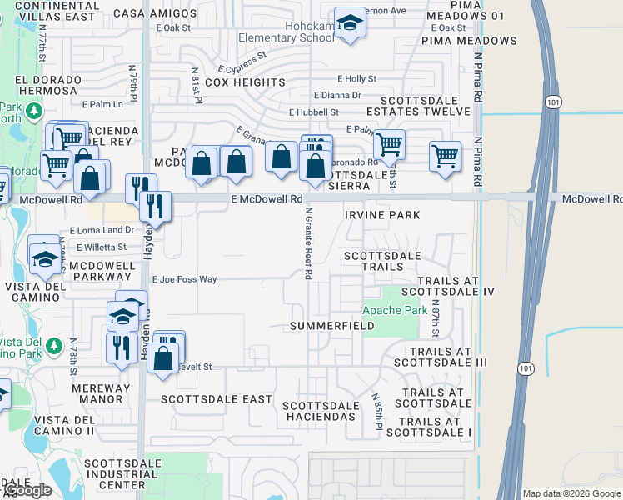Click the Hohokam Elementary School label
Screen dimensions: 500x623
click(286, 38)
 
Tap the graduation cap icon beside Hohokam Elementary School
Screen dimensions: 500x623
click(350, 24)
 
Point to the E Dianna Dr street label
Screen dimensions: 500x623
click(337, 96)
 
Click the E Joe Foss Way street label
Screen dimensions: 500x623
click(183, 279)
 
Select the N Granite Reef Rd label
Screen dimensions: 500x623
click(308, 242)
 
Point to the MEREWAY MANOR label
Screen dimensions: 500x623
click(102, 388)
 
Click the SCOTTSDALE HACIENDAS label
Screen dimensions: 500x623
click(321, 411)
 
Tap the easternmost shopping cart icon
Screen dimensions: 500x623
click(445, 156)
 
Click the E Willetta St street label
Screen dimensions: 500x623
click(101, 247)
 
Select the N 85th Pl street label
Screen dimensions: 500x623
click(376, 412)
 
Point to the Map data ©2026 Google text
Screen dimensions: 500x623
click(571, 493)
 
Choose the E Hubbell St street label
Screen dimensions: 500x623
click(314, 112)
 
